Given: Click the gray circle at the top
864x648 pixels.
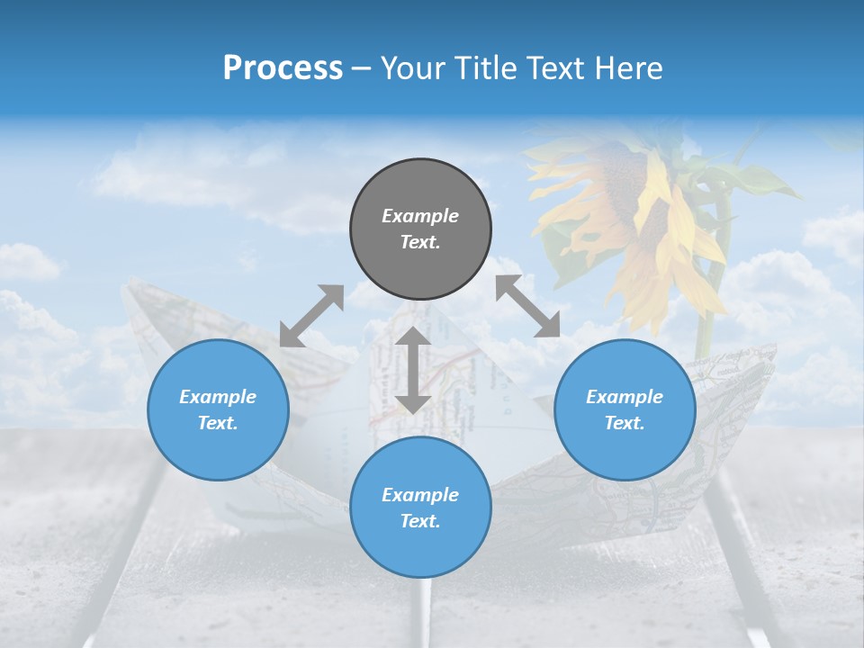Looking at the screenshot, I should pos(420,229).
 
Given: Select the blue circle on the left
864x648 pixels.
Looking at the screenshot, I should pos(218,409).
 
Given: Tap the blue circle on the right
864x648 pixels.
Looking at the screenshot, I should pos(625,409).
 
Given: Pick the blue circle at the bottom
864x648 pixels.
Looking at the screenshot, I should pos(420,508).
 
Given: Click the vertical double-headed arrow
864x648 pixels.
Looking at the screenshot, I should pos(413,370).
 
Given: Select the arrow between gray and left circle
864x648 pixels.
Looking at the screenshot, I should pos(311,316).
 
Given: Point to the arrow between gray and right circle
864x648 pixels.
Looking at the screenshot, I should pos(527,307).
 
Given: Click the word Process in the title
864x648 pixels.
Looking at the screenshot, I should pos(283,67).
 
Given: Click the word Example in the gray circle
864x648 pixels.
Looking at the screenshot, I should pos(420,216).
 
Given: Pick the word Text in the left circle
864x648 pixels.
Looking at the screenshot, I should pos(218,423).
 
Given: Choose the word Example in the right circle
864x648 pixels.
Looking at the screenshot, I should pos(625,397).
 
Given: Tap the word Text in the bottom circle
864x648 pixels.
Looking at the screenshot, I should pos(420,521).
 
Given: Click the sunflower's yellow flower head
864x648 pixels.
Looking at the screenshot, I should pos(630,216).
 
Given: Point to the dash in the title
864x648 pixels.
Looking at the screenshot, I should pos(362,68).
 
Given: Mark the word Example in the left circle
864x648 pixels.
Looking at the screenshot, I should pos(218,397).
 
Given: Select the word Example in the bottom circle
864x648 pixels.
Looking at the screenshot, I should pos(420,495).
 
